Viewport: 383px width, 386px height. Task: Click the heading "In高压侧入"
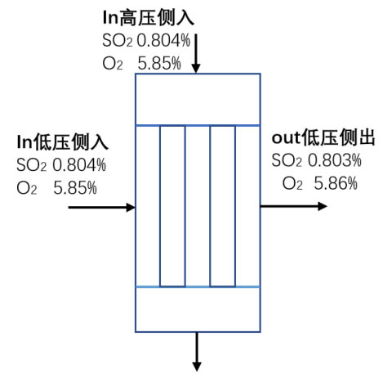149,18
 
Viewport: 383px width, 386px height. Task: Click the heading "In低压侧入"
63,142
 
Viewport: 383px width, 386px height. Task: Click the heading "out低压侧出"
323,137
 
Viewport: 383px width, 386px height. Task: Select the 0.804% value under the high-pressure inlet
163,41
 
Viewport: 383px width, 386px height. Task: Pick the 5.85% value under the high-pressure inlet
159,63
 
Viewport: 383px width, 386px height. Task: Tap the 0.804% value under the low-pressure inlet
79,165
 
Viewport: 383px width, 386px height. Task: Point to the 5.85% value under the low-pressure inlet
75,187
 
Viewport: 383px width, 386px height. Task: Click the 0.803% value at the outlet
335,160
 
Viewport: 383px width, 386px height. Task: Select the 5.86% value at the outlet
336,183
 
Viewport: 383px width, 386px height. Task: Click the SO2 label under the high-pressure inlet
118,41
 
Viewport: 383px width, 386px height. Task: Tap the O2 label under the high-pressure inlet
113,64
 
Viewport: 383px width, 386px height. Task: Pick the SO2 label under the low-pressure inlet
32,165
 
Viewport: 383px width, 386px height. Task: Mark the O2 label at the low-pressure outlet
292,183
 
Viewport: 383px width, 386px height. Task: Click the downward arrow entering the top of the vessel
196,53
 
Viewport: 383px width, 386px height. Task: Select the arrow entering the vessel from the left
102,208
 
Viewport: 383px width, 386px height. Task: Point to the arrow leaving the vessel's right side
294,206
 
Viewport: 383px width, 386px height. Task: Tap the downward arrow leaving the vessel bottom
197,352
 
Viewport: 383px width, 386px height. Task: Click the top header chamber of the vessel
198,100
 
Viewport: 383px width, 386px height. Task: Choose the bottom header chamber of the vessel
198,309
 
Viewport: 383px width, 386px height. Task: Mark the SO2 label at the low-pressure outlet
287,160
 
